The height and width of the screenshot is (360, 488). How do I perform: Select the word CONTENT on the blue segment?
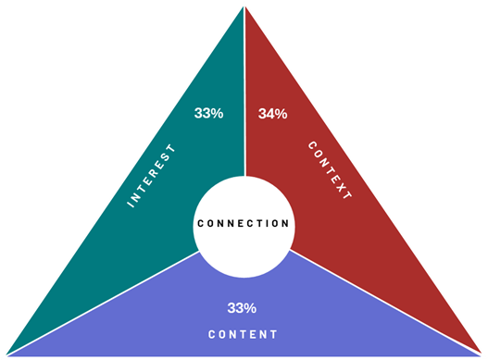[243, 333]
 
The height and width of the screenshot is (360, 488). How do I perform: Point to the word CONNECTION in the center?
[244, 223]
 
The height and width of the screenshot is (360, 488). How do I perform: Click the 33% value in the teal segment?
[208, 113]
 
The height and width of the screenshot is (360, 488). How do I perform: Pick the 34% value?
[272, 114]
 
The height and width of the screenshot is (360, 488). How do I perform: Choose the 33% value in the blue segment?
[242, 307]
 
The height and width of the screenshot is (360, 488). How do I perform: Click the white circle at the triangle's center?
[244, 199]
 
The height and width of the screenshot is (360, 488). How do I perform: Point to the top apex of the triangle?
[244, 4]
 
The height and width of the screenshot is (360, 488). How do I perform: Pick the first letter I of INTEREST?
[131, 203]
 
